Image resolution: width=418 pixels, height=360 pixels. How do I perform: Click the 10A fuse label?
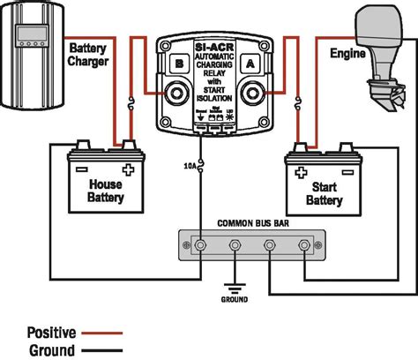190,166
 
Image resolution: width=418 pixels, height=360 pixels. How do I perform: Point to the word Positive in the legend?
51,333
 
